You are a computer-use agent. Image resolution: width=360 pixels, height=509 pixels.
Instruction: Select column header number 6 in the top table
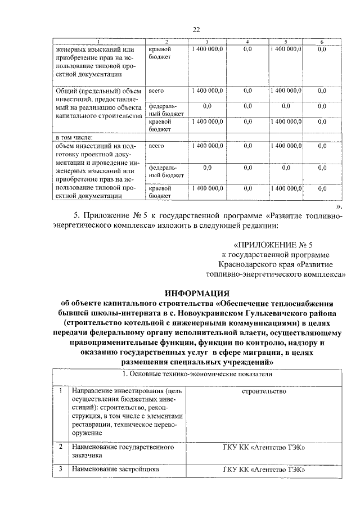322,42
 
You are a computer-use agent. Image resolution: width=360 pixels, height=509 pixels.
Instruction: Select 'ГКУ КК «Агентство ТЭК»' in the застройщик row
264,469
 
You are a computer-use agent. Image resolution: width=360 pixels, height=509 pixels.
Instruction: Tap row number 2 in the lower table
60,447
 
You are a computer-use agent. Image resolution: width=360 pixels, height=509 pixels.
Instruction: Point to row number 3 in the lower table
60,469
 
